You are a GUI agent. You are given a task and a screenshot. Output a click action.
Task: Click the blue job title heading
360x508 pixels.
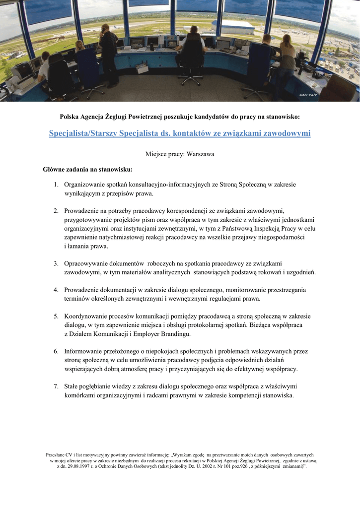click(x=180, y=133)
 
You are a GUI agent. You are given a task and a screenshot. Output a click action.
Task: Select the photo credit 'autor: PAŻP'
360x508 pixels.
click(x=308, y=94)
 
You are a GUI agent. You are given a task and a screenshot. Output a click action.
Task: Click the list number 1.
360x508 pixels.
click(x=57, y=185)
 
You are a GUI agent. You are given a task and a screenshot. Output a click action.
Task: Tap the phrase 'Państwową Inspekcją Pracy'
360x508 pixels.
click(x=257, y=228)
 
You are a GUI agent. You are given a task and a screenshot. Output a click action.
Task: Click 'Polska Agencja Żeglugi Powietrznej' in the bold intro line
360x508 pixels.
click(x=125, y=117)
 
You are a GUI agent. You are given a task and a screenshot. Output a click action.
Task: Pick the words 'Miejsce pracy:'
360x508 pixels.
click(x=165, y=154)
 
